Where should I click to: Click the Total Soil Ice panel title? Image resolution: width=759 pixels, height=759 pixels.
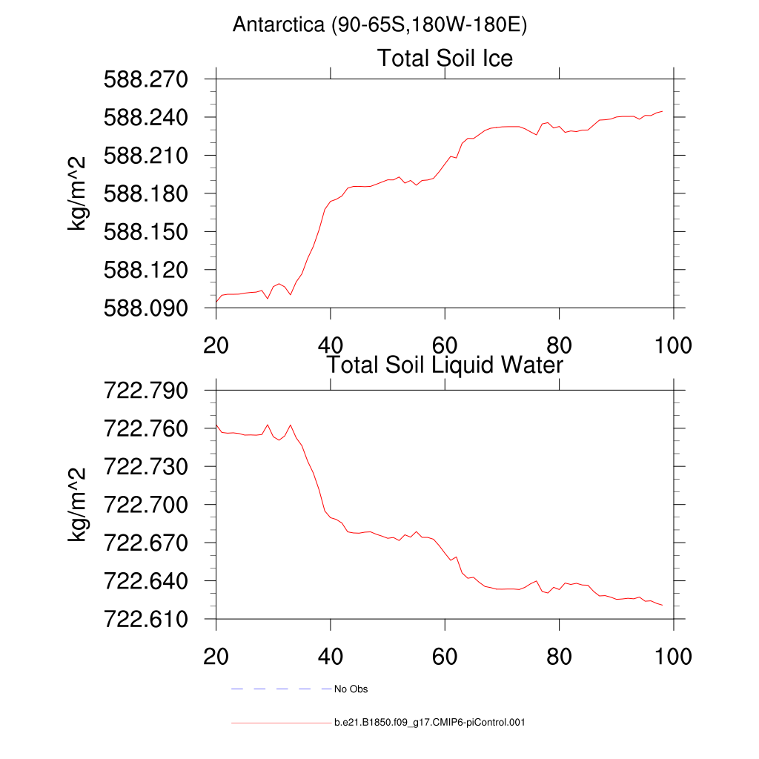[445, 58]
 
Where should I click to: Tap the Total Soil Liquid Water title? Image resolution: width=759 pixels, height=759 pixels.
[445, 365]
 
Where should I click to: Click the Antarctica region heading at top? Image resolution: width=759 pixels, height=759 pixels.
[379, 25]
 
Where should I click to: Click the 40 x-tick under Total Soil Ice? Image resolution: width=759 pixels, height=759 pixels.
[330, 345]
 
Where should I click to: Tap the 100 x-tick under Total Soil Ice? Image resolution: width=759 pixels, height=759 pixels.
[672, 345]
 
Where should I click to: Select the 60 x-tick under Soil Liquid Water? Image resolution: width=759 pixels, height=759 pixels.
[444, 657]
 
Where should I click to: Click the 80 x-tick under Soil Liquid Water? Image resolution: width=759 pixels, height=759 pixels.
[558, 657]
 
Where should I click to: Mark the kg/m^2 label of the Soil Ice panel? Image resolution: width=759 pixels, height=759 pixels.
[77, 193]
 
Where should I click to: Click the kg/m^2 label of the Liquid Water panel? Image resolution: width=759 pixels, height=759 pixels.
[77, 505]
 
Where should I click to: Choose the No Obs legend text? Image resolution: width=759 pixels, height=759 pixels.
[351, 689]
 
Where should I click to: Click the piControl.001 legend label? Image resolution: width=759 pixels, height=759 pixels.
[429, 722]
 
